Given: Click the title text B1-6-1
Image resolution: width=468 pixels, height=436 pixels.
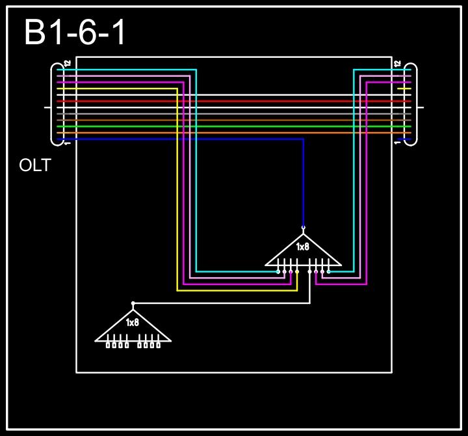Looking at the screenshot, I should click(x=75, y=33).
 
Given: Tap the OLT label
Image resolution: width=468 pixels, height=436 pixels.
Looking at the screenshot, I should click(x=35, y=165).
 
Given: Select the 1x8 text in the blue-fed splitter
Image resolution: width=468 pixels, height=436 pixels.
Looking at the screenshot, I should click(x=303, y=247).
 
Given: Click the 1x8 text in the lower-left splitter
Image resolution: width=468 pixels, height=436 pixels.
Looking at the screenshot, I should click(x=133, y=323).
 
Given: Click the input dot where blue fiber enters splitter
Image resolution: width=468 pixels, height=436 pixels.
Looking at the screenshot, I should click(x=303, y=227).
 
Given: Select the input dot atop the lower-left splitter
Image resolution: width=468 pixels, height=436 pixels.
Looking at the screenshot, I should click(x=133, y=303).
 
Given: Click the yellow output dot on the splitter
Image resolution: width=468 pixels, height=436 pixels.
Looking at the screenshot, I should click(x=297, y=271).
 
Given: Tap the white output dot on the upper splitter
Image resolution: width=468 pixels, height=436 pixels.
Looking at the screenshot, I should click(x=309, y=271).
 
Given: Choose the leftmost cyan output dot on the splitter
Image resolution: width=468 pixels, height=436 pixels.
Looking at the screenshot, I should click(x=278, y=271).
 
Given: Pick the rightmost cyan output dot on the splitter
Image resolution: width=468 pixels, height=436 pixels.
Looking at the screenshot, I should click(x=328, y=271).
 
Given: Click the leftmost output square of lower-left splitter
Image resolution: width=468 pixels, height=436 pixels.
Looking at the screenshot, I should click(x=108, y=345).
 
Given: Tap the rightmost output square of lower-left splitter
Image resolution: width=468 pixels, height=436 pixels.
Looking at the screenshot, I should click(x=158, y=345).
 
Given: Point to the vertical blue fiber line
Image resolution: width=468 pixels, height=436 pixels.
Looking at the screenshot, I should click(x=303, y=182).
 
